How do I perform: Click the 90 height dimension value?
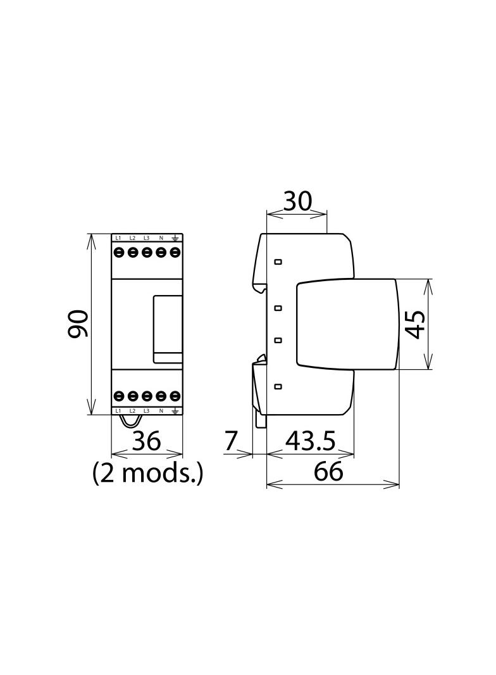[78, 324]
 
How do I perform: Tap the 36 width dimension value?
[147, 441]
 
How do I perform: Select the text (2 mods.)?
[147, 473]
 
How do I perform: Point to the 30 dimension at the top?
[297, 201]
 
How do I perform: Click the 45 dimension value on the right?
[416, 324]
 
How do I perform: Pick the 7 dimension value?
[231, 441]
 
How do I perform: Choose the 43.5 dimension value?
[310, 441]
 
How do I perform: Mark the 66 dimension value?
[328, 471]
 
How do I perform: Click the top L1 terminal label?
[118, 237]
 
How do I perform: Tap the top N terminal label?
[161, 237]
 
